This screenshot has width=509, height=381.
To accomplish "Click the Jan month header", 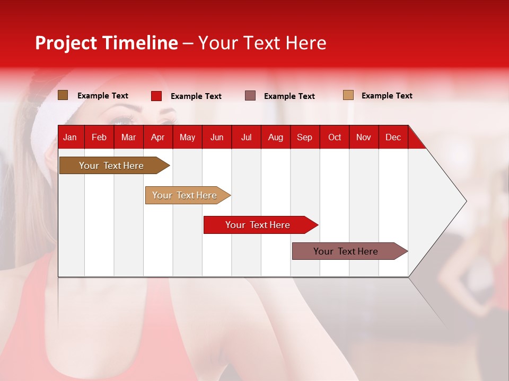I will click(70, 137).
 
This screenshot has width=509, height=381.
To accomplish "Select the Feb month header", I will click(99, 137).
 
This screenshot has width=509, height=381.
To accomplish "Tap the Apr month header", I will click(157, 137).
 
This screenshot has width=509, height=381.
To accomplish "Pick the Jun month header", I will click(217, 137).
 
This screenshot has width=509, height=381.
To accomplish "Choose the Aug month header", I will click(275, 137).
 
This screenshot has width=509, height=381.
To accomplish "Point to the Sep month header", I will click(304, 137).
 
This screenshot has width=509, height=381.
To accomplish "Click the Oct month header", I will click(335, 137).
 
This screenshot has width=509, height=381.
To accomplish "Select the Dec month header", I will click(393, 137).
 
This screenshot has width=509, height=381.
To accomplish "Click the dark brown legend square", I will click(63, 95).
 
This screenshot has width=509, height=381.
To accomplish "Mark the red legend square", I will click(156, 96).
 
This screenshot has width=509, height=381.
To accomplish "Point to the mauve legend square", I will click(250, 96).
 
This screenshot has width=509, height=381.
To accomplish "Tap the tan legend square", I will click(348, 95).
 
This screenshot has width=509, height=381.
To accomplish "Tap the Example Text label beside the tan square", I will click(387, 96).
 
